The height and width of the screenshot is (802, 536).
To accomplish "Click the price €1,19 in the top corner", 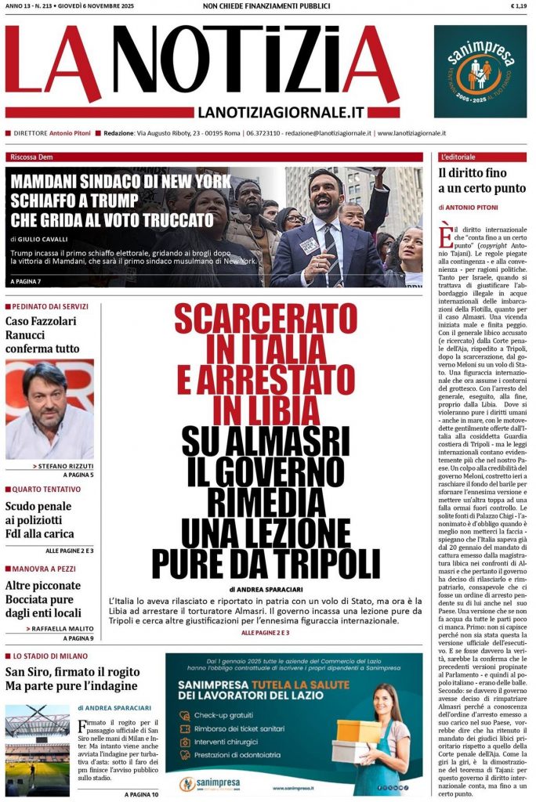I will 518,6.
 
